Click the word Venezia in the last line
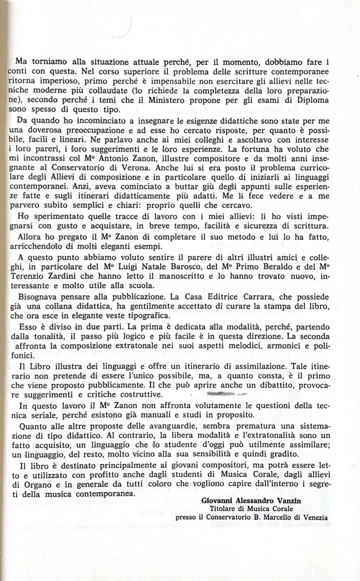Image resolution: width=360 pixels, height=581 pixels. pyautogui.click(x=315, y=517)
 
